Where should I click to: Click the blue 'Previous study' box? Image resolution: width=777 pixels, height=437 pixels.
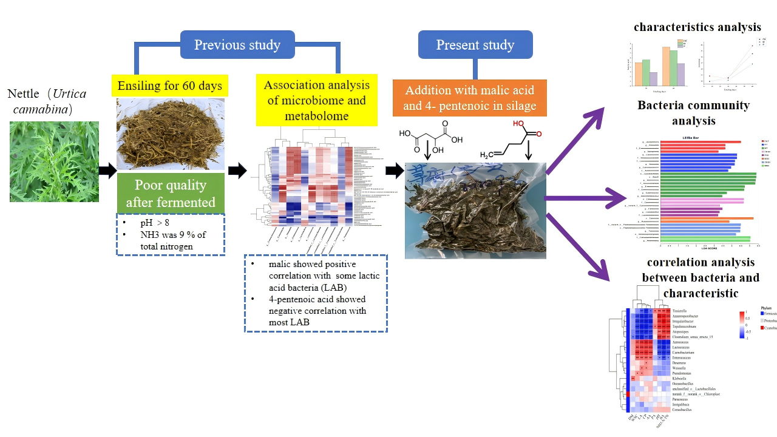point(237,45)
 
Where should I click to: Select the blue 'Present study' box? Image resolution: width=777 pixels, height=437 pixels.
point(475,45)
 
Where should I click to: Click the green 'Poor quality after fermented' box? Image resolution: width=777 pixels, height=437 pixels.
point(171,193)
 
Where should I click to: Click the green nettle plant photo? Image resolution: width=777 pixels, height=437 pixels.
point(54,161)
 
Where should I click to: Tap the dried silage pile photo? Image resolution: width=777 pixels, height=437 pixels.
point(171,134)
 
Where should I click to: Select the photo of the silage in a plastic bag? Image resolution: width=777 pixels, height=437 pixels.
point(475,210)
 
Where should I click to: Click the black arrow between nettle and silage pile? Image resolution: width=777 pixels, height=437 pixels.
point(107,171)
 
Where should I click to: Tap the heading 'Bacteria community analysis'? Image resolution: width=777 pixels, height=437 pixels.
point(694,113)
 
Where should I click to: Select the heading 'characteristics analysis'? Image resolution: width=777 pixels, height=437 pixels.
point(697,27)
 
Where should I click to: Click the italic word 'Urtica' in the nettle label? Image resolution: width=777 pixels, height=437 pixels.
point(69,93)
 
